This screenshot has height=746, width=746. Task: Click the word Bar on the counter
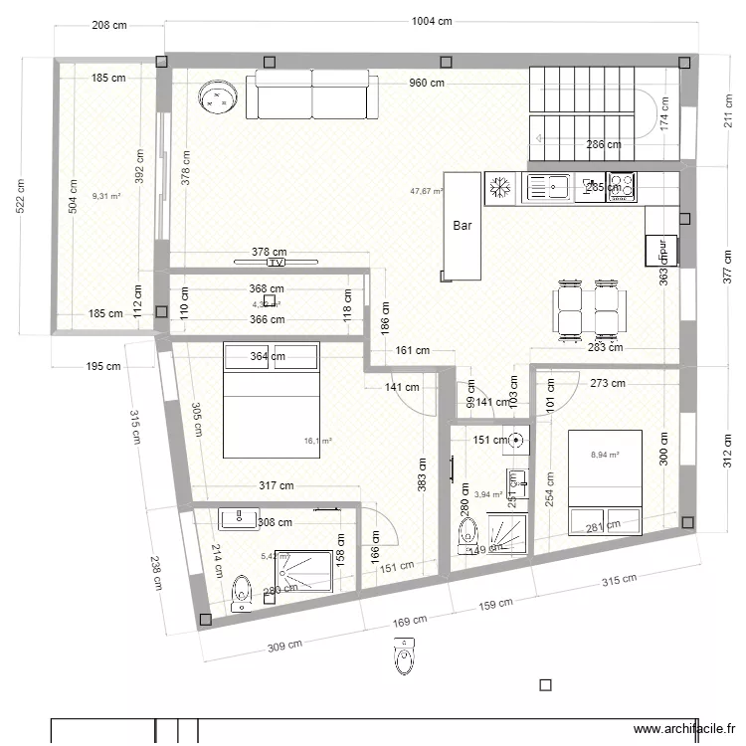[x=463, y=226]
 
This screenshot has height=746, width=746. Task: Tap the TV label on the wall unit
[x=276, y=264]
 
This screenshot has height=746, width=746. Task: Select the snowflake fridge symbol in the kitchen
[x=500, y=186]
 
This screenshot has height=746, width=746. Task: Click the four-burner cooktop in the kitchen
[x=622, y=186]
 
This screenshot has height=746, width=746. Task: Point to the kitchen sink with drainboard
[x=548, y=186]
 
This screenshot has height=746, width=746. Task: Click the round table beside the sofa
[x=220, y=96]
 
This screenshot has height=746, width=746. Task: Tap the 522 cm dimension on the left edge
[x=21, y=197]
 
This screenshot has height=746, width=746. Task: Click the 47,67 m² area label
[x=427, y=191]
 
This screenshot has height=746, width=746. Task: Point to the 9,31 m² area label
[x=106, y=197]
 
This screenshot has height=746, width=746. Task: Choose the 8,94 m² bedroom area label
[x=605, y=455]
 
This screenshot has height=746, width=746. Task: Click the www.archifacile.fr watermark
[x=685, y=727]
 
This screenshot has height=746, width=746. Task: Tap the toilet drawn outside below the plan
[x=403, y=656]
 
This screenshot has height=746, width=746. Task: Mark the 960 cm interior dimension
[x=425, y=84]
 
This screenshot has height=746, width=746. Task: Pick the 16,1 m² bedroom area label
[x=318, y=440]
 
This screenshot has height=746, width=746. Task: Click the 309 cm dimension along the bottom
[x=285, y=646]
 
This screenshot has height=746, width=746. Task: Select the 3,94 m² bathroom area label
[x=487, y=493]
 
